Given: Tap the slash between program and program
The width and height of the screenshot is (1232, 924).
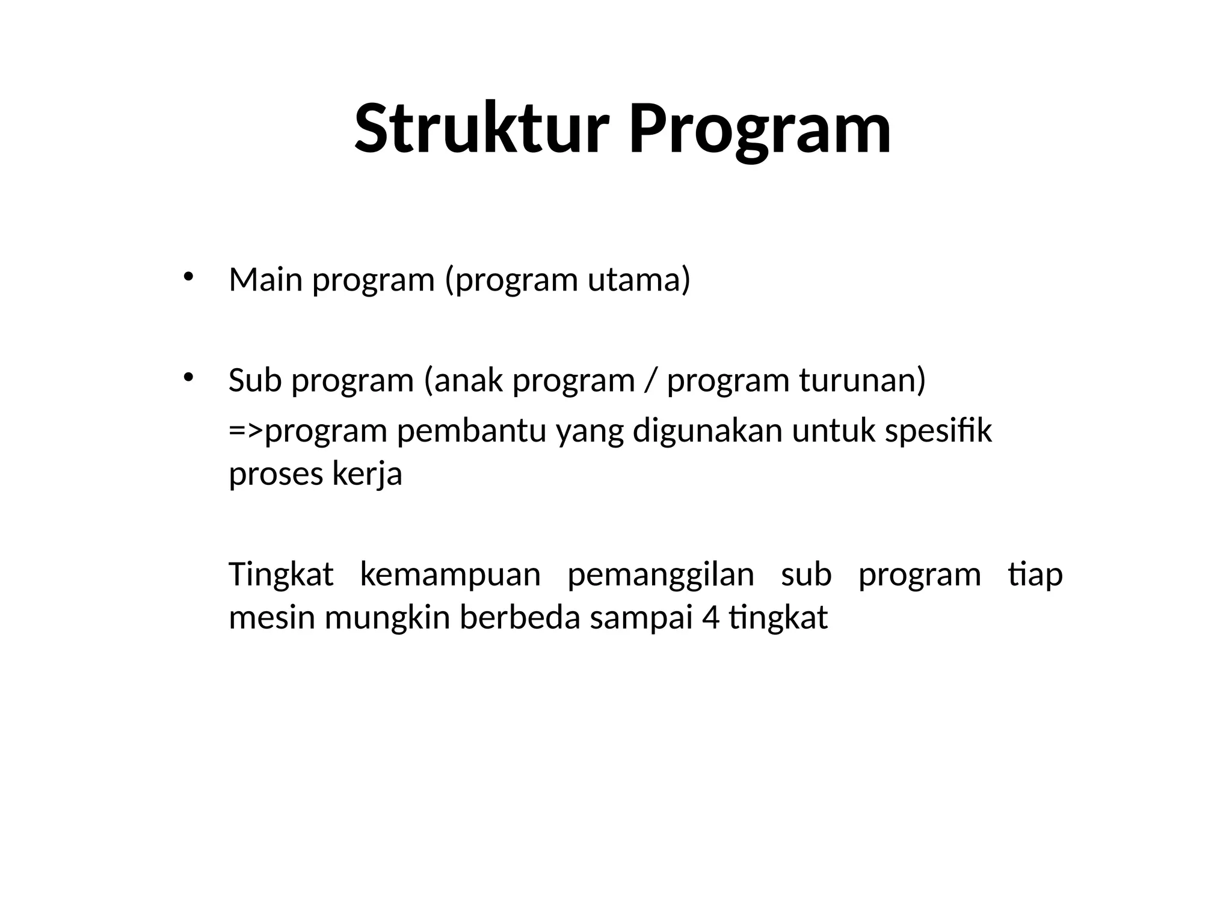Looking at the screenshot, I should (x=650, y=381).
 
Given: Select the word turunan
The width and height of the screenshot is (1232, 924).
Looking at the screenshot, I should (x=858, y=381).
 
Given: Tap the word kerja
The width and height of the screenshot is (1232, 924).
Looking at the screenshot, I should (x=367, y=475).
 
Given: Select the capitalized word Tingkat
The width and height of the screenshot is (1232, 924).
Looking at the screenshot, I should (x=281, y=575).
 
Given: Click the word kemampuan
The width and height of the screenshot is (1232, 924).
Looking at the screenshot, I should (x=450, y=575).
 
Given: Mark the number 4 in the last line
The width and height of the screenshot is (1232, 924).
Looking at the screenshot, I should (x=710, y=618).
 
